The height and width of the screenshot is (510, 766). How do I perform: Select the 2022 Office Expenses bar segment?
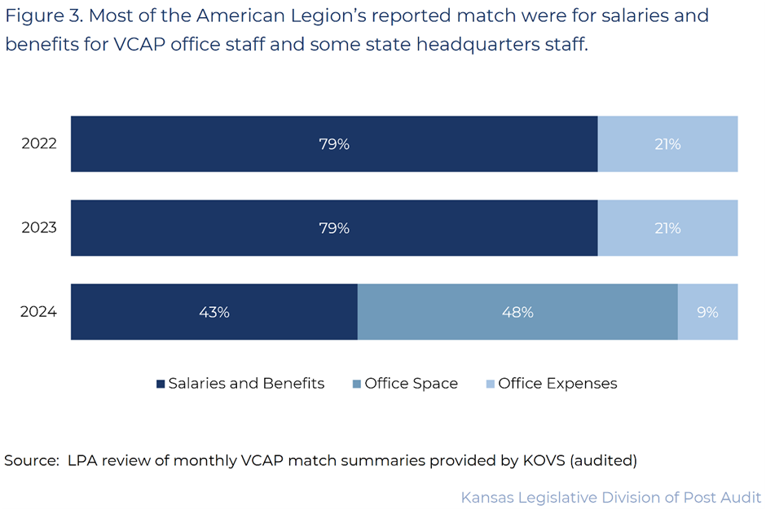coord(667,144)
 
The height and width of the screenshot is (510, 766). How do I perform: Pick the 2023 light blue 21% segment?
coord(667,228)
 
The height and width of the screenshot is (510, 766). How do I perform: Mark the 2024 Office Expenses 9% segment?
coord(707,312)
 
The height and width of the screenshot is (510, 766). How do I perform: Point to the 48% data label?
coord(517,312)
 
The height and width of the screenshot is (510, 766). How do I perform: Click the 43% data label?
coord(214,312)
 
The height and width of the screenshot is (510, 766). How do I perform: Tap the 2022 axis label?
coord(39,144)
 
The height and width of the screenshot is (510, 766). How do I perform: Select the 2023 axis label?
coord(39,228)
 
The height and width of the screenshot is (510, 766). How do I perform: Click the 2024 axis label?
coord(39,312)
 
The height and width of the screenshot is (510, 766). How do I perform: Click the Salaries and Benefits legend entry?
coord(245,384)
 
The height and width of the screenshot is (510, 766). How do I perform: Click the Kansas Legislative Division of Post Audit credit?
coord(610,497)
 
